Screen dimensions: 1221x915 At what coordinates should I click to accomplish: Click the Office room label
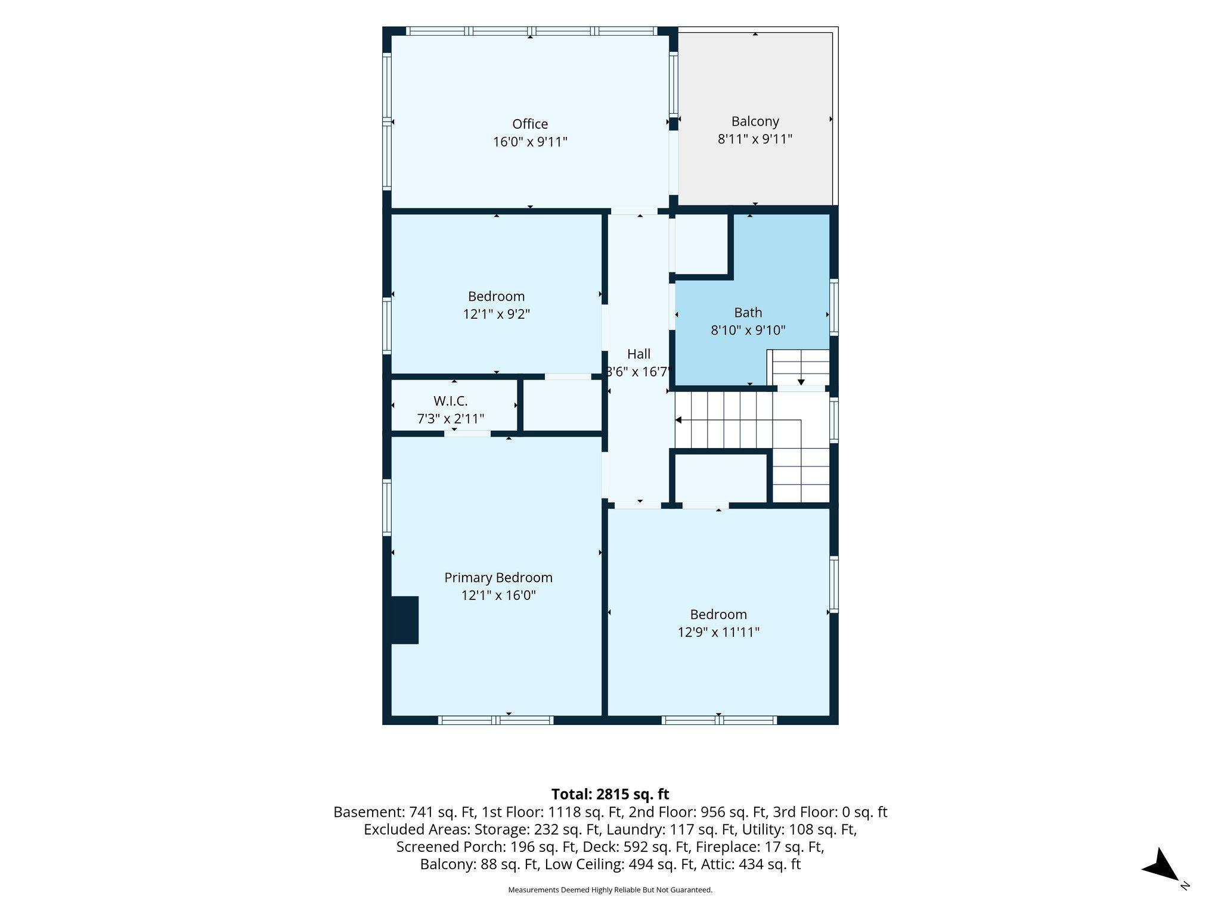point(530,124)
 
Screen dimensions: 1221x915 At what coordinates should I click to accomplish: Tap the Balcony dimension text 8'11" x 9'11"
point(755,139)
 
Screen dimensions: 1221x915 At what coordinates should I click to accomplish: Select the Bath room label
point(748,312)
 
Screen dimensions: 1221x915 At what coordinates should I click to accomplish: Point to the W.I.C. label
point(451,401)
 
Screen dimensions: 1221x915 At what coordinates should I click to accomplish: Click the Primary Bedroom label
point(498,578)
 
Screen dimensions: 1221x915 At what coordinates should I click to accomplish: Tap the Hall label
point(639,354)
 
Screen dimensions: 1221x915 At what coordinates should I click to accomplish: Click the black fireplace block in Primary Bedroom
point(405,620)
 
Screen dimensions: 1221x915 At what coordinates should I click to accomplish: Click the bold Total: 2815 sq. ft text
point(610,794)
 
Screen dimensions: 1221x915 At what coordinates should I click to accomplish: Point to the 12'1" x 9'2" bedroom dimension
point(497,314)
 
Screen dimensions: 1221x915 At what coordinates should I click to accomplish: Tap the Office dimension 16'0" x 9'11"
point(530,142)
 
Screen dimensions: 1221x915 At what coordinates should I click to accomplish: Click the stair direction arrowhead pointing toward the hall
point(678,420)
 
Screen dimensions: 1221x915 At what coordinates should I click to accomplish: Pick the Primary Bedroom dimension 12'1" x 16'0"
point(498,595)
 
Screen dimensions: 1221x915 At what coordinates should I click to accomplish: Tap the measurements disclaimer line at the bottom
point(610,890)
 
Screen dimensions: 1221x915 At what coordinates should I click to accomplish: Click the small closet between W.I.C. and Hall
point(562,404)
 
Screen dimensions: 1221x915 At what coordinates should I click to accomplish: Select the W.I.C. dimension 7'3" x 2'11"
point(451,419)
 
